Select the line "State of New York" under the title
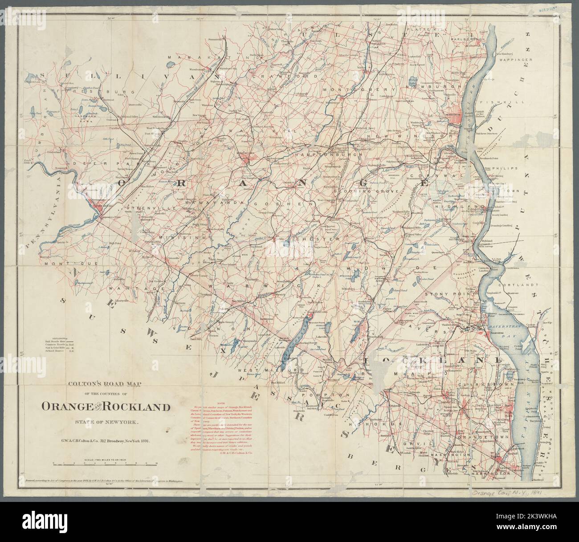pyautogui.click(x=103, y=422)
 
